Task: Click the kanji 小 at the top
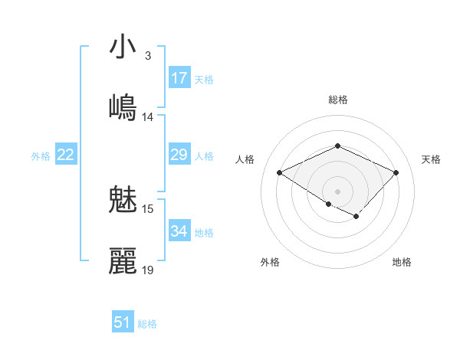coord(123,47)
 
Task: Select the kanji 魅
coord(123,201)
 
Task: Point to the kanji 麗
coord(123,260)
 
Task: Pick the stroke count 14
coord(148,117)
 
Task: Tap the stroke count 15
coord(148,208)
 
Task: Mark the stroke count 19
coord(148,270)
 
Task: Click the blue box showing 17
coord(179,78)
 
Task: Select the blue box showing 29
coord(179,155)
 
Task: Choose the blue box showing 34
coord(179,231)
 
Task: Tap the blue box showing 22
coord(66,155)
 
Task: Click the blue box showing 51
coord(123,322)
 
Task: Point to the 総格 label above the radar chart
coord(337,100)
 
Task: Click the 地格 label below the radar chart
coord(402,263)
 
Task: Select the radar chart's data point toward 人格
coord(280,173)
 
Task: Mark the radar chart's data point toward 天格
coord(396,172)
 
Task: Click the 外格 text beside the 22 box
coord(41,156)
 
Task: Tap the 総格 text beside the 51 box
coord(147,324)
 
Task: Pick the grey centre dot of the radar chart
coord(337,191)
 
